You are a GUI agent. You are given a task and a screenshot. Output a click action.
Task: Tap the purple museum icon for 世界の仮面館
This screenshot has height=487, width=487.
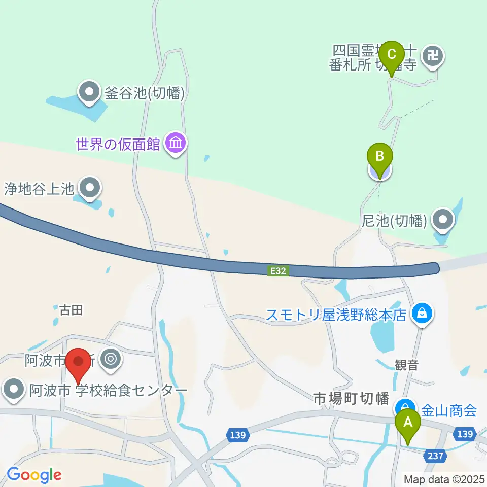176,144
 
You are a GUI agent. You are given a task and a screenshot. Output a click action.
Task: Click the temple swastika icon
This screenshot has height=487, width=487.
433,55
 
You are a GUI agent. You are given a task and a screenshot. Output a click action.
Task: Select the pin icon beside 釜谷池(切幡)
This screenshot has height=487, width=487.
90,93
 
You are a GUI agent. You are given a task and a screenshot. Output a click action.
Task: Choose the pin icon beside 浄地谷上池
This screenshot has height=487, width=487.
90,189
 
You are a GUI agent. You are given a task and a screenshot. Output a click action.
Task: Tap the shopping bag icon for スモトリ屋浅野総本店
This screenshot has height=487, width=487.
422,315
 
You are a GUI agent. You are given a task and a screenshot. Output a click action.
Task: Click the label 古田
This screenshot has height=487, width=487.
71,310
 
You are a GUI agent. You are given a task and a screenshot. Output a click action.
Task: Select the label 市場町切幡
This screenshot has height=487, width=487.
351,399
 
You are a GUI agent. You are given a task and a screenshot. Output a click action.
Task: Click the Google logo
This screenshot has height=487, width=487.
34,475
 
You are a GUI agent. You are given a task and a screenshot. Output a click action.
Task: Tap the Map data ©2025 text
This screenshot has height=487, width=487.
443,479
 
